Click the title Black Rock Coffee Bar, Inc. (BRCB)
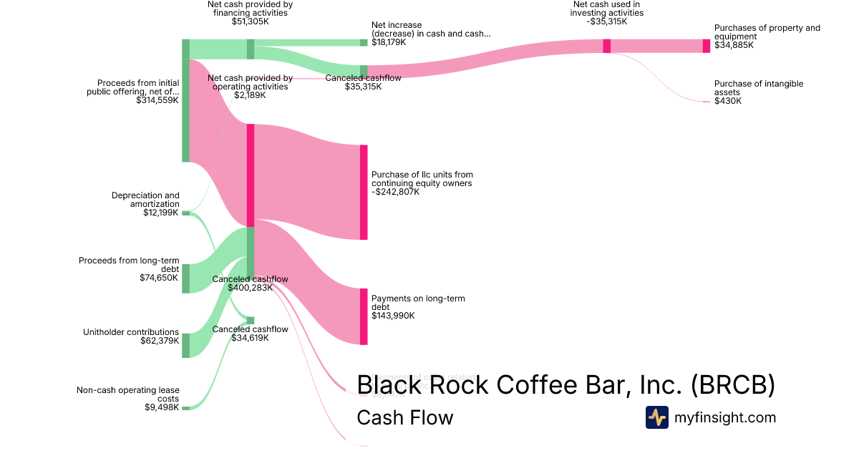click(566, 385)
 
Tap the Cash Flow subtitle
click(404, 417)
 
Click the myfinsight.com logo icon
click(656, 417)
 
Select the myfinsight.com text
click(725, 417)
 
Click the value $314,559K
click(157, 101)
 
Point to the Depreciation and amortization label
click(145, 199)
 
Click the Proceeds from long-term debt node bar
click(185, 278)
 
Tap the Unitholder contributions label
click(131, 331)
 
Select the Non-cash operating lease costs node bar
click(185, 408)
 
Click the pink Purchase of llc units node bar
click(364, 192)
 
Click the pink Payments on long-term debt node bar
click(364, 316)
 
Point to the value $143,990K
click(393, 316)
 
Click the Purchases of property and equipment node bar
click(707, 46)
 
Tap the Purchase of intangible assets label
click(758, 88)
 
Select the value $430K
click(728, 101)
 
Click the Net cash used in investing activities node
click(607, 46)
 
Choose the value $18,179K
click(389, 42)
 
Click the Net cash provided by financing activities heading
click(250, 8)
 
